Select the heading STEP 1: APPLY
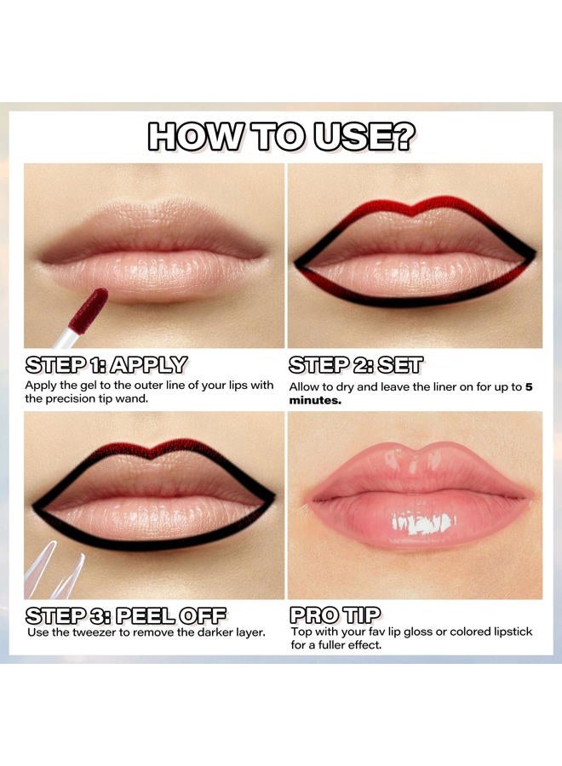click(x=106, y=365)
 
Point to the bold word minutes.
click(x=315, y=401)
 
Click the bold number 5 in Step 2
click(x=529, y=387)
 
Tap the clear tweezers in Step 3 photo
click(x=54, y=572)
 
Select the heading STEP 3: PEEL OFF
click(x=125, y=615)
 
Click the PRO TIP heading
click(x=335, y=615)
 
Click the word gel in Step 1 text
click(x=89, y=386)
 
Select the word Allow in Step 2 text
click(x=303, y=387)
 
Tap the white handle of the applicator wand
click(x=68, y=338)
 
